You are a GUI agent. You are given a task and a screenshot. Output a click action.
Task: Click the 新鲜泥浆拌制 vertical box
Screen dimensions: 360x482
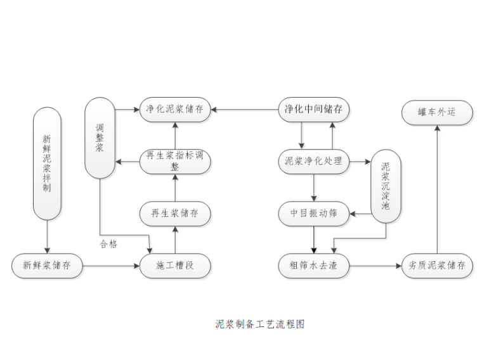pyautogui.click(x=47, y=164)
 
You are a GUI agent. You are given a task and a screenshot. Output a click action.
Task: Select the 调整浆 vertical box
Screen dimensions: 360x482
pyautogui.click(x=100, y=137)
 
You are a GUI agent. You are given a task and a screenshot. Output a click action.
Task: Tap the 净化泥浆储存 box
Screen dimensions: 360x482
pyautogui.click(x=174, y=109)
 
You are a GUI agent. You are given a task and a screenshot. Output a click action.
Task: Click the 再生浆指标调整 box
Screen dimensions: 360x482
pyautogui.click(x=174, y=162)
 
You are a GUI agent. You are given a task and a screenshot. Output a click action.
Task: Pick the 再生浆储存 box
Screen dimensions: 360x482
pyautogui.click(x=174, y=214)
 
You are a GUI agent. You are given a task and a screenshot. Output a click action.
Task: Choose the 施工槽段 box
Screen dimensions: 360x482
pyautogui.click(x=174, y=266)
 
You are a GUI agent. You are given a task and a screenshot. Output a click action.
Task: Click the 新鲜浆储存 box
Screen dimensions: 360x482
pyautogui.click(x=47, y=266)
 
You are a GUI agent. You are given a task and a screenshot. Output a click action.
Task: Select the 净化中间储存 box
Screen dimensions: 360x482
pyautogui.click(x=315, y=109)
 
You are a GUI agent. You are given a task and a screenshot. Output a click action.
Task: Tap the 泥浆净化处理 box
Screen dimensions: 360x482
pyautogui.click(x=315, y=162)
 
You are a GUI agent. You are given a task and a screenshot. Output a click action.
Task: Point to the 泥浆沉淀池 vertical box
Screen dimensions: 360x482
pyautogui.click(x=386, y=186)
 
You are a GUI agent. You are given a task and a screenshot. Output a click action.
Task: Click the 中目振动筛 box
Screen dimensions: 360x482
pyautogui.click(x=315, y=214)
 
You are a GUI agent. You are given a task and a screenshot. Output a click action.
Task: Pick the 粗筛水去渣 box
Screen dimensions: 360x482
pyautogui.click(x=315, y=266)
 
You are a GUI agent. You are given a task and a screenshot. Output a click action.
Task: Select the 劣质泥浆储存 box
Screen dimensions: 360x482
pyautogui.click(x=437, y=266)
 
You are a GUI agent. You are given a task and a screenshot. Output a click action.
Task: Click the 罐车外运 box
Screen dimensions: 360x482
pyautogui.click(x=437, y=113)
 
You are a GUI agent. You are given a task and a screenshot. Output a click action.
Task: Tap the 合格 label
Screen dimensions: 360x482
pyautogui.click(x=108, y=244)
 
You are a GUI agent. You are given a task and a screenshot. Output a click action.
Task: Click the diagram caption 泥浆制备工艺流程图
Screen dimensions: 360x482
pyautogui.click(x=260, y=324)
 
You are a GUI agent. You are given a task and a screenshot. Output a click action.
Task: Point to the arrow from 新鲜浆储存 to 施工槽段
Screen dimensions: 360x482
pyautogui.click(x=111, y=266)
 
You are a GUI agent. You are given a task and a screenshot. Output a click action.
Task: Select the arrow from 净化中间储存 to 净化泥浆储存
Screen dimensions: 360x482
pyautogui.click(x=244, y=109)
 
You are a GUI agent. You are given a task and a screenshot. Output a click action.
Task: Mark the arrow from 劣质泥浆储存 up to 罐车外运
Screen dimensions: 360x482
pyautogui.click(x=437, y=190)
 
